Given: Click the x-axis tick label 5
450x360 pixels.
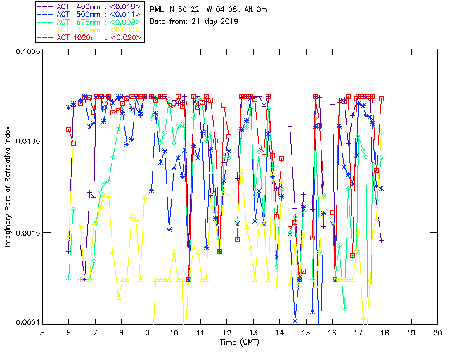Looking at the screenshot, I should tap(42, 332).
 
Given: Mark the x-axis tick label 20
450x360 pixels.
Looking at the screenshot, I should tap(437, 332).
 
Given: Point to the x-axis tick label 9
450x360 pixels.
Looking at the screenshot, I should tap(148, 332).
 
